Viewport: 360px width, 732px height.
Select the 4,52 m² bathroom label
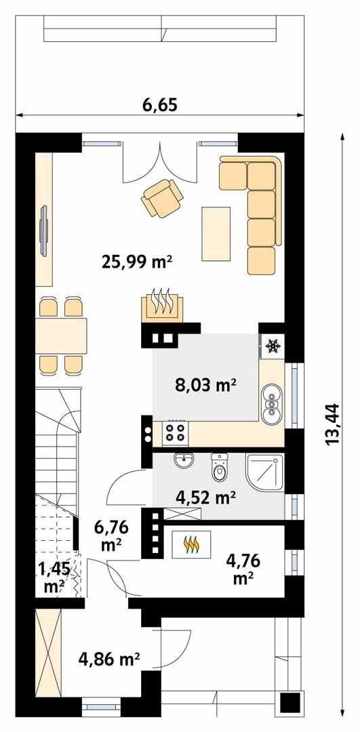tap(205, 498)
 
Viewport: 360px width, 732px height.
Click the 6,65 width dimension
tap(160, 106)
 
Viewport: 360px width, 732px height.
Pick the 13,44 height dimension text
tap(332, 424)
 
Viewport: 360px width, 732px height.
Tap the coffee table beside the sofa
tap(216, 233)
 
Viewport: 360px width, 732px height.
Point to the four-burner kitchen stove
tap(175, 432)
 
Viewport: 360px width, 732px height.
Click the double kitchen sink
tap(271, 404)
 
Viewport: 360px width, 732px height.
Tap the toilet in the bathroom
tap(218, 466)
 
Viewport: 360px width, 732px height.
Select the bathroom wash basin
tap(184, 462)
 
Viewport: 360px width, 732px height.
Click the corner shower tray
tap(265, 472)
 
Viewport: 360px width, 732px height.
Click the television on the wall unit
tap(44, 230)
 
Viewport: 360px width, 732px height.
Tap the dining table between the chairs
tap(62, 335)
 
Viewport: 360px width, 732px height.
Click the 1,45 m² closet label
tap(54, 577)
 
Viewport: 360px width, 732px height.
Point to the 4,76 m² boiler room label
tap(243, 569)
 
